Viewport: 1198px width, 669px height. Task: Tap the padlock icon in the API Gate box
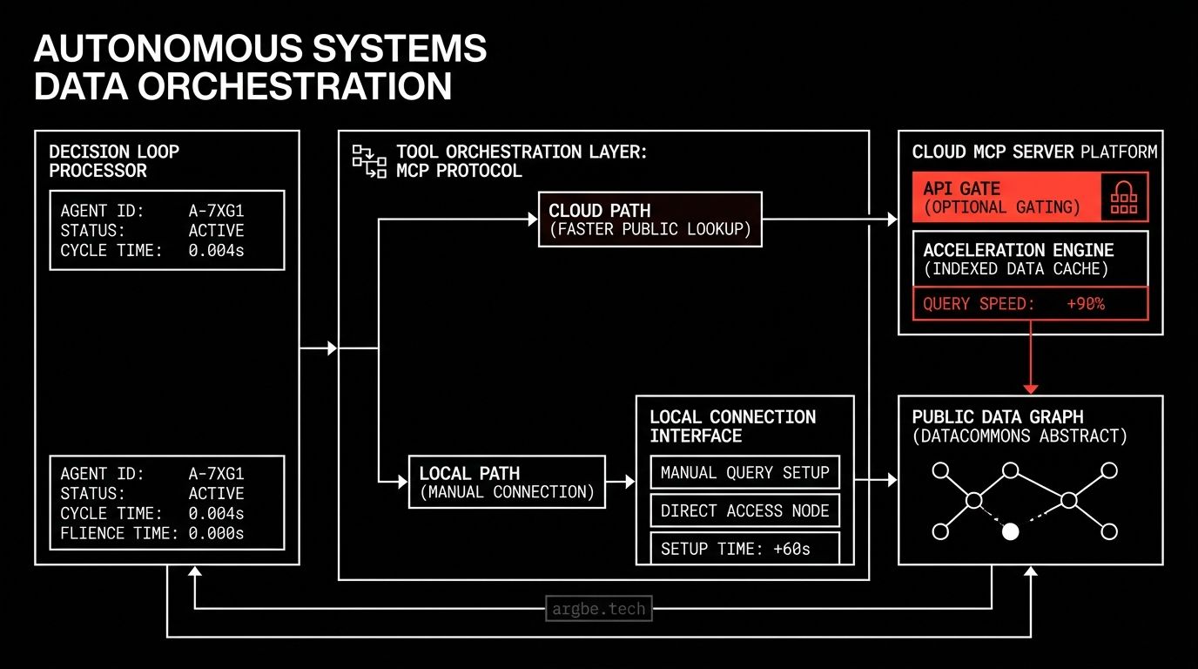[1124, 198]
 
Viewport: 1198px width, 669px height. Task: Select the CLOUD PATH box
[649, 220]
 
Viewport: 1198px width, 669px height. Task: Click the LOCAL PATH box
[507, 482]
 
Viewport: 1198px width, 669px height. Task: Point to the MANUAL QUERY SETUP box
[744, 473]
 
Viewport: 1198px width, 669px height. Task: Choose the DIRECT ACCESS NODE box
[744, 511]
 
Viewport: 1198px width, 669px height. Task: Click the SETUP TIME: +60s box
[744, 549]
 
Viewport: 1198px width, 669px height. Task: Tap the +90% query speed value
[1085, 304]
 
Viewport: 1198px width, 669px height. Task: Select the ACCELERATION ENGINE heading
[1018, 250]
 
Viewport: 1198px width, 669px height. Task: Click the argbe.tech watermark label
[599, 608]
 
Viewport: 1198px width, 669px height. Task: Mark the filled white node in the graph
[1010, 531]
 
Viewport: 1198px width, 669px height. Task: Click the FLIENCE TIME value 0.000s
[217, 533]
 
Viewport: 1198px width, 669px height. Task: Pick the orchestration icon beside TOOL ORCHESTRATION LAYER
[369, 161]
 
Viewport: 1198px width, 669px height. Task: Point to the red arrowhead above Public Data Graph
[1031, 388]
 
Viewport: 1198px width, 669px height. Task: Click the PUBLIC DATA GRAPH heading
[998, 417]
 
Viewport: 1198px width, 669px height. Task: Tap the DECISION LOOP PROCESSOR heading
[114, 161]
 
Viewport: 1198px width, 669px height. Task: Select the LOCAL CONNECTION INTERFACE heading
[732, 426]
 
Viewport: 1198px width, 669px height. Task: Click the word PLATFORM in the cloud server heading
[1119, 152]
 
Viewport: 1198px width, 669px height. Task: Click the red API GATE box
[1005, 198]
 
